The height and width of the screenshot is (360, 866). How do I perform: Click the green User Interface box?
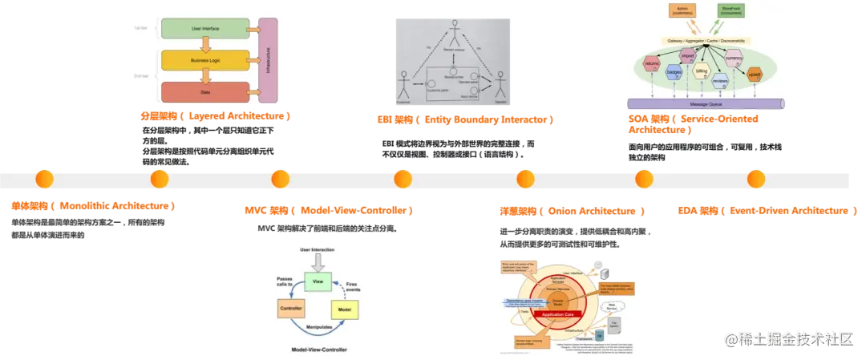205,29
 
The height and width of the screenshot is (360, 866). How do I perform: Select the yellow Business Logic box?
205,61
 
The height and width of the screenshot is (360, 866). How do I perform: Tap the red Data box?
205,91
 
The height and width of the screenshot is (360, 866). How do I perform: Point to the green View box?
317,282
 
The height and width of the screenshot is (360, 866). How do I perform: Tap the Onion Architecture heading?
571,212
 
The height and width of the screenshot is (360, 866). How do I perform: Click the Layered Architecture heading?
215,117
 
